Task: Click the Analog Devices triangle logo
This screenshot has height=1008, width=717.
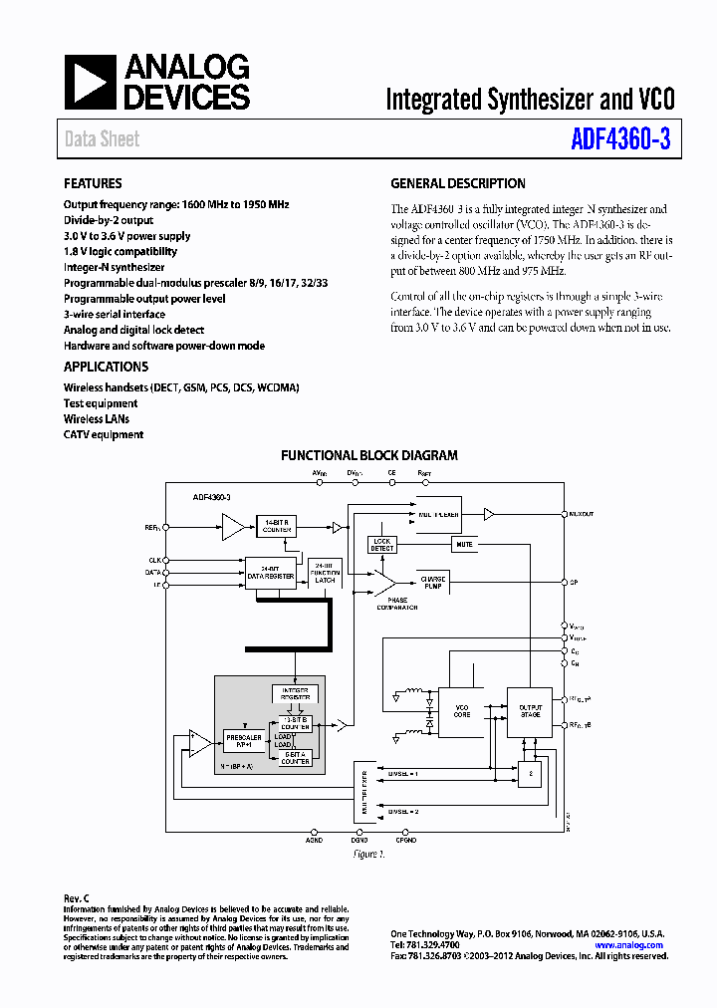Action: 91,82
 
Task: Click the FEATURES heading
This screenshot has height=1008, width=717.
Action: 93,183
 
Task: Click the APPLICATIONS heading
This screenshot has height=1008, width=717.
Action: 107,367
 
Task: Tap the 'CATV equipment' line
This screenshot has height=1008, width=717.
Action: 104,434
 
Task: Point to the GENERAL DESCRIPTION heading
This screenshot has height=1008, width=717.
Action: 458,183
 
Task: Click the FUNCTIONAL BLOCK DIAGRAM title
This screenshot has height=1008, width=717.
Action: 368,455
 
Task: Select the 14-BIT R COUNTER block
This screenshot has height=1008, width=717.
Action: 276,525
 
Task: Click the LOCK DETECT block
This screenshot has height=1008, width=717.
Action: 383,545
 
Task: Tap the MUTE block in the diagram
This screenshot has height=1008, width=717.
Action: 463,545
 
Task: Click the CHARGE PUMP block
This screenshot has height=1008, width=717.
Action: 433,582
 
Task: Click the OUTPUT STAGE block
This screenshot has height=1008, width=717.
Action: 529,711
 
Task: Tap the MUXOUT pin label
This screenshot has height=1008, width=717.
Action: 580,515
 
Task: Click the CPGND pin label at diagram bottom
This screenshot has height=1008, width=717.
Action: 405,841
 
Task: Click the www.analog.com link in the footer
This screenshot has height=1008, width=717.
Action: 629,945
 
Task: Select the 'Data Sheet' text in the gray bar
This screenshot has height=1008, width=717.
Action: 103,139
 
